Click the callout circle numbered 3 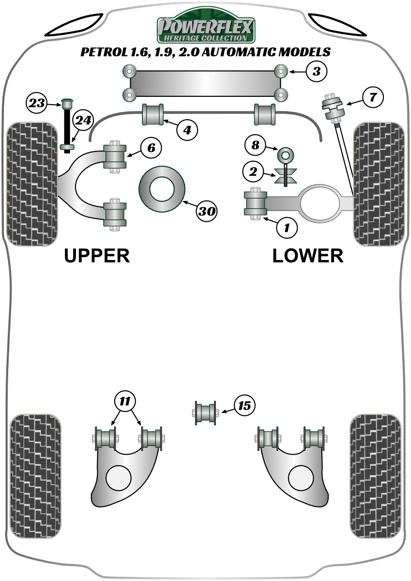point(316,72)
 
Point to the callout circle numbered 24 point(82,121)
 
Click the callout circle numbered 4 point(187,129)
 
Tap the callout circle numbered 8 point(256,144)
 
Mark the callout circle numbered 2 point(254,171)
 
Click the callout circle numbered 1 point(287,227)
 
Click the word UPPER point(97,256)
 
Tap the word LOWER point(308,256)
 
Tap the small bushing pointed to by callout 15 point(205,413)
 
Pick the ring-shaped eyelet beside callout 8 point(285,155)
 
